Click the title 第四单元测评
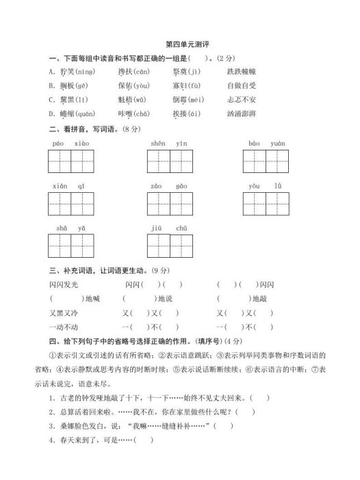(180, 43)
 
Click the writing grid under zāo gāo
(168, 204)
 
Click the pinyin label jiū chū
(168, 228)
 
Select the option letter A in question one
(53, 70)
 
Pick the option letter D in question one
(53, 113)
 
